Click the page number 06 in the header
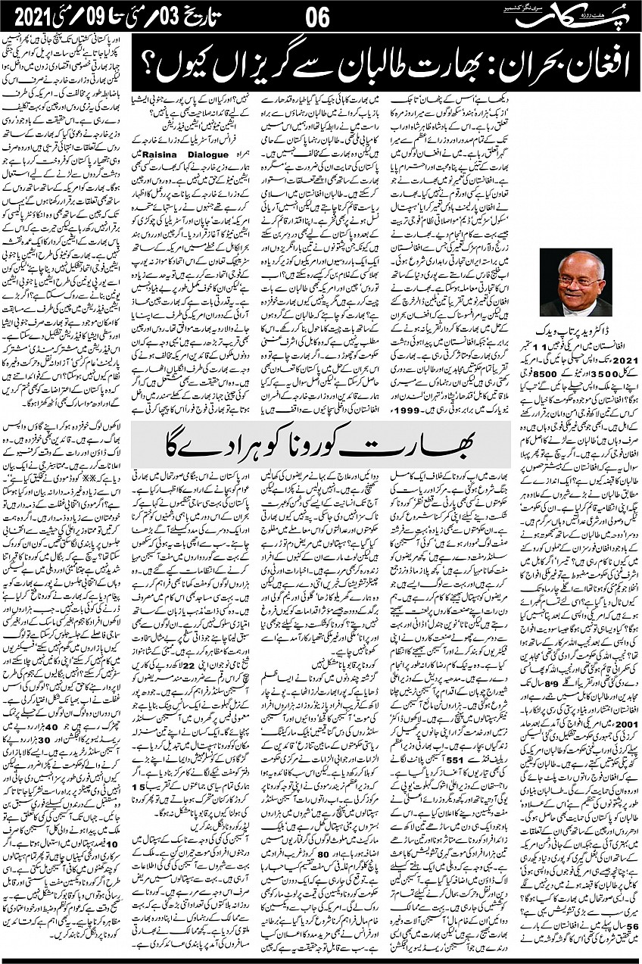pyautogui.click(x=318, y=16)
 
